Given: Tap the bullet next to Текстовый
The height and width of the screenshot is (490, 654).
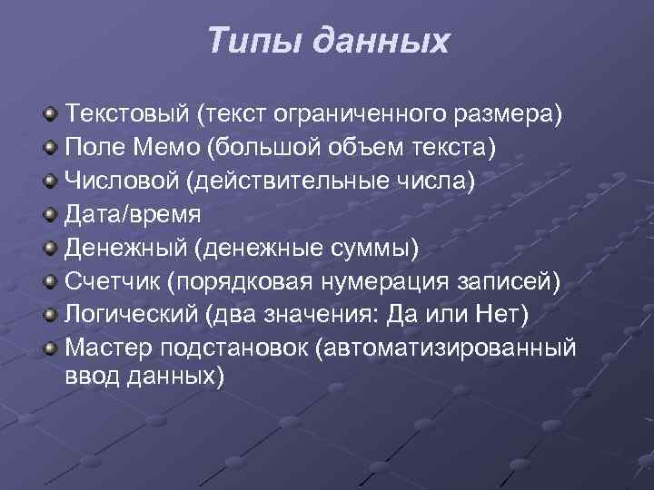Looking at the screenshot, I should coord(53,115).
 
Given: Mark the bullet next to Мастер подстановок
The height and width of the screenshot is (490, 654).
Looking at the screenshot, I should coord(53,348).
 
